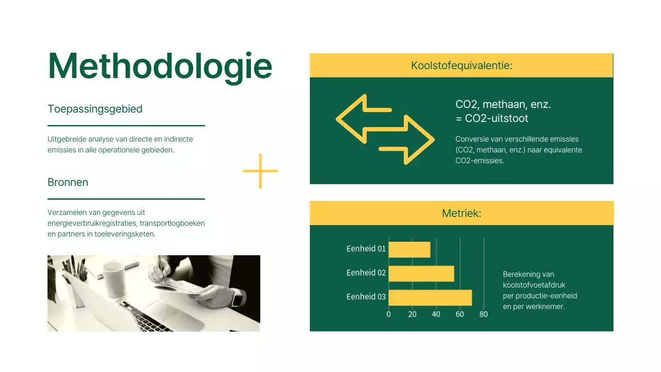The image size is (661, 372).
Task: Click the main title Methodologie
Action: tap(160, 66)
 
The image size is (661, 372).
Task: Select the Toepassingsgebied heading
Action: tap(95, 109)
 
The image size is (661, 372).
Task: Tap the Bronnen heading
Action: tap(68, 182)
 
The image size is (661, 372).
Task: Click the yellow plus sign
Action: tap(260, 171)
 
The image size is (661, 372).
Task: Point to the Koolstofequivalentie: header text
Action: tap(461, 66)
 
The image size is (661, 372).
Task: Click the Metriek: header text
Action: tap(461, 213)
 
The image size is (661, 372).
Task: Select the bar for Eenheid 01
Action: tap(409, 250)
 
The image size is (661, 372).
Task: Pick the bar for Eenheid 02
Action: tap(421, 273)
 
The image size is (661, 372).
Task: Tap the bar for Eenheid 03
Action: tap(430, 297)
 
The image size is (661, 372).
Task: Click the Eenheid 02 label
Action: tap(366, 273)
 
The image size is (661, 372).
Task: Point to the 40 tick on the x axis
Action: tap(436, 314)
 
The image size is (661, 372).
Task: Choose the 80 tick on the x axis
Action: tap(483, 314)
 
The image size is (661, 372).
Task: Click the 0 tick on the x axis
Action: tap(389, 314)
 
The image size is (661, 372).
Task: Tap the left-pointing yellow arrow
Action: tap(361, 118)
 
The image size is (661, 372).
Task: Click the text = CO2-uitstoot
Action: tap(492, 118)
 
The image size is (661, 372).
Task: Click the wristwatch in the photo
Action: tap(237, 298)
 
